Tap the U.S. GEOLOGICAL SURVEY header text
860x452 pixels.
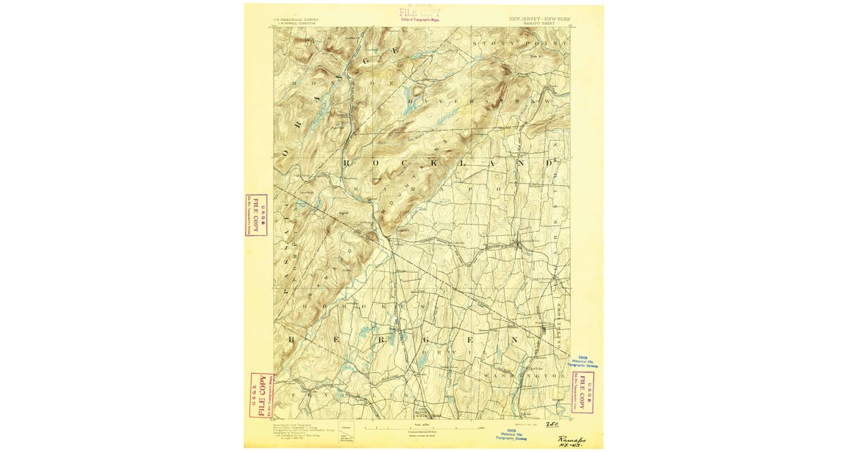click(x=296, y=19)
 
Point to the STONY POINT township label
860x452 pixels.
click(x=520, y=44)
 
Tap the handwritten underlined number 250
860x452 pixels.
click(x=552, y=425)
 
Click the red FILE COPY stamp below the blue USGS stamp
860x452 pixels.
click(x=583, y=392)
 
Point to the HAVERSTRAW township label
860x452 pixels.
click(x=473, y=103)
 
